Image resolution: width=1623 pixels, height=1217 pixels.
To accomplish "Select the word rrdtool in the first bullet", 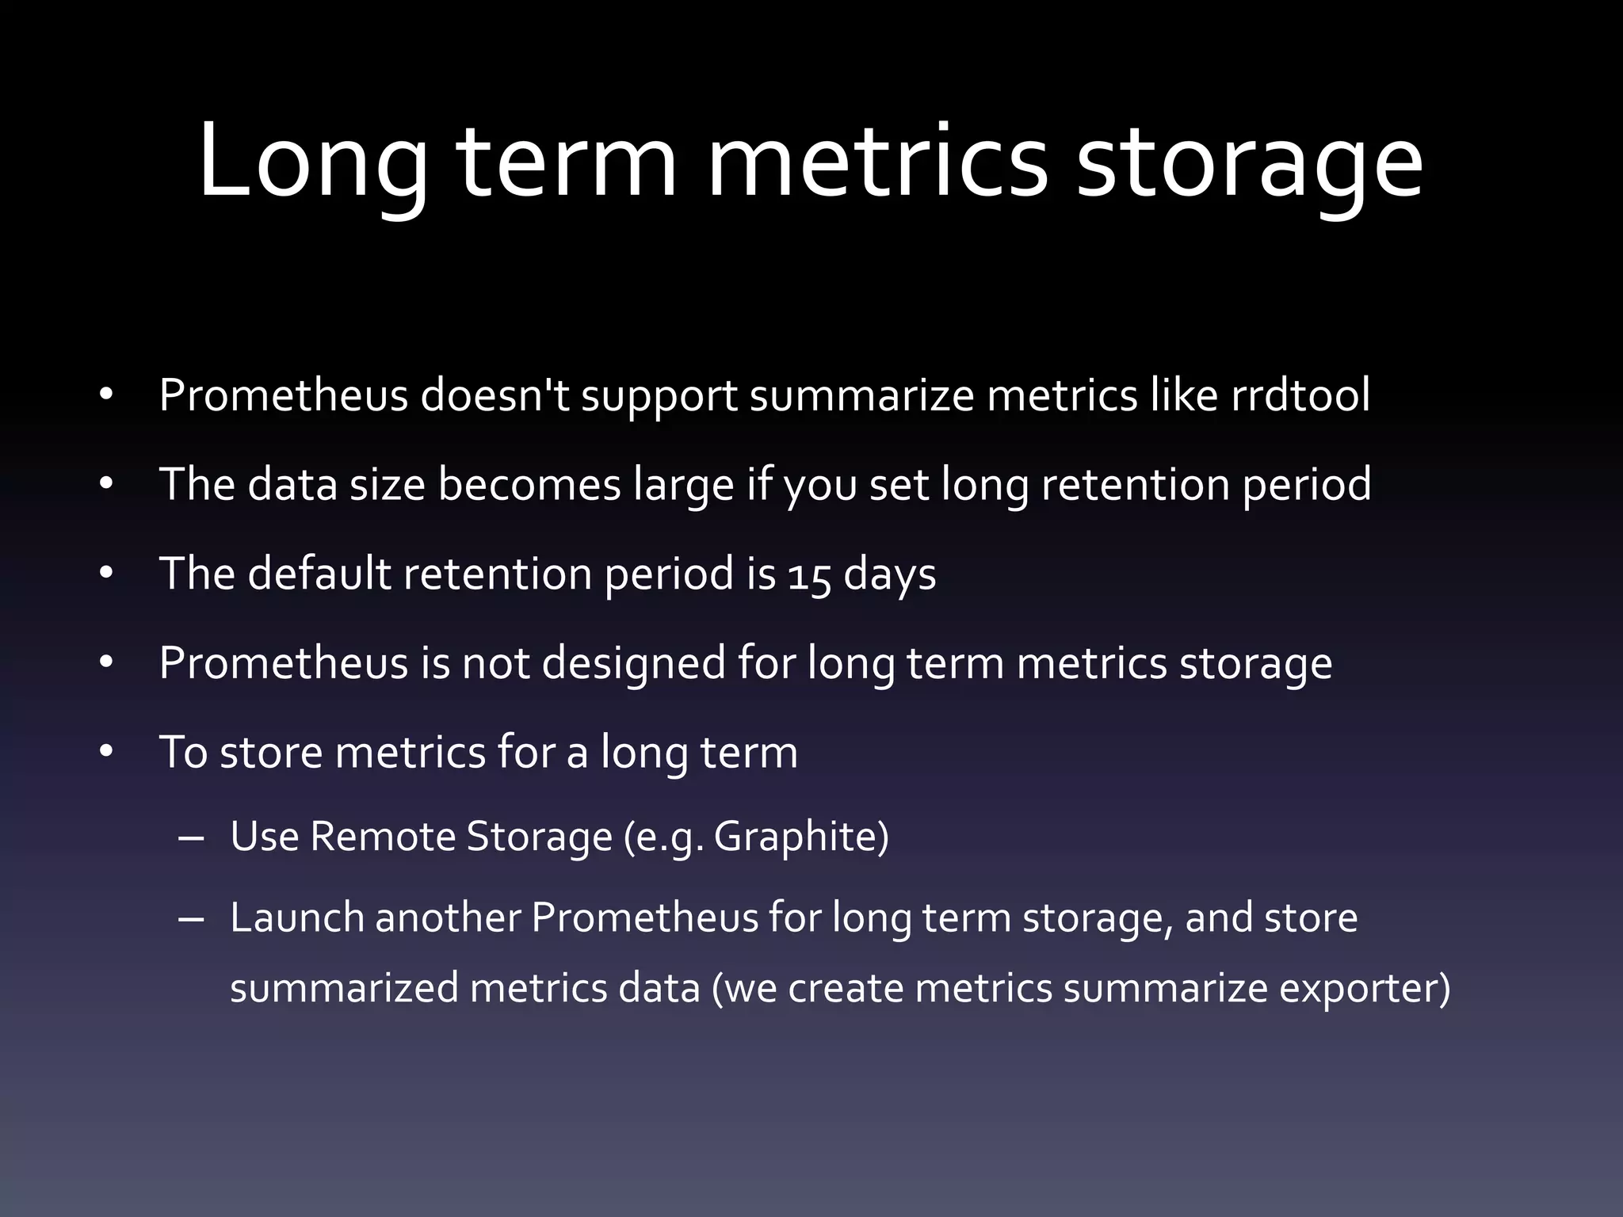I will coord(1300,395).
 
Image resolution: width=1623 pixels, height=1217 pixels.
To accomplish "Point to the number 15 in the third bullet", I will coord(809,574).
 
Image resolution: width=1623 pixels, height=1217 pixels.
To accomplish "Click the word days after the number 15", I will coord(889,574).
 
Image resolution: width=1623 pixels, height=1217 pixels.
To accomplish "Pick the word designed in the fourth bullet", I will coord(633,662).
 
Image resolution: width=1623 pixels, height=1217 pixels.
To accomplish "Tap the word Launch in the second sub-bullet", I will coord(296,918).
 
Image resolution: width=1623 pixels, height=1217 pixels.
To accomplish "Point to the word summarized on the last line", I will coord(344,989).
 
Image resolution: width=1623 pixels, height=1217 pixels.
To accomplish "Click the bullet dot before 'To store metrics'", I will coord(107,752).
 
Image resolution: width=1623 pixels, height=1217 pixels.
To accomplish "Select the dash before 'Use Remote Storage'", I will coord(191,837).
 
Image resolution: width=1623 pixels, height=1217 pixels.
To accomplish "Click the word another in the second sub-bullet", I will coord(448,918).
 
